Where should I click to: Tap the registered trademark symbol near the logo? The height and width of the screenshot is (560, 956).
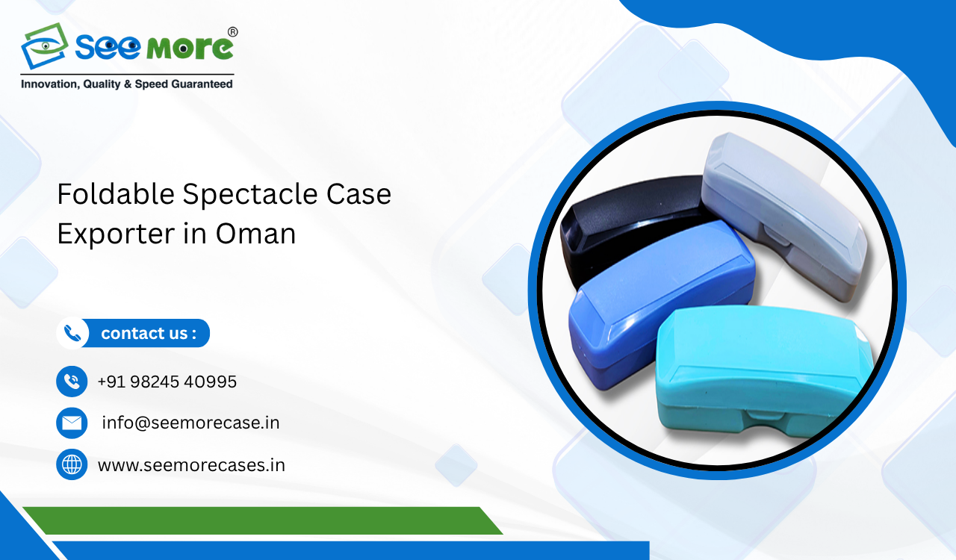tap(232, 32)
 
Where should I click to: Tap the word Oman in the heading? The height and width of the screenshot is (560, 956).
tap(255, 234)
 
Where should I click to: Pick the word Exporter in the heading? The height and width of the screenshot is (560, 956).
tap(111, 234)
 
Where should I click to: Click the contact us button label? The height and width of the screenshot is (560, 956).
tap(148, 333)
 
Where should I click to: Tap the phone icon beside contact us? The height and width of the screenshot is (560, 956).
tap(72, 333)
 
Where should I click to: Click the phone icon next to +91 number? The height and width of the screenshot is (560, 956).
tap(72, 382)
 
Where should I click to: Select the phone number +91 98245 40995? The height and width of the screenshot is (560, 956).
tap(167, 382)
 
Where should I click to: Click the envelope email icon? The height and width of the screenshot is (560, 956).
tap(72, 423)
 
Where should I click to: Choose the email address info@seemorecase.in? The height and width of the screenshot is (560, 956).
tap(190, 423)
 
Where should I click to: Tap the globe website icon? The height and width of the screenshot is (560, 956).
tap(72, 464)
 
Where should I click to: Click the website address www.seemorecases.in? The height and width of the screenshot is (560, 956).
tap(191, 465)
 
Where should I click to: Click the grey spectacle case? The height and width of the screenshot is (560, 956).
tap(784, 209)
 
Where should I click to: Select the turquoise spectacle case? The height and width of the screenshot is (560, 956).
tap(762, 373)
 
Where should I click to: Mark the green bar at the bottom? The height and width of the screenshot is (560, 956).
tap(261, 520)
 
